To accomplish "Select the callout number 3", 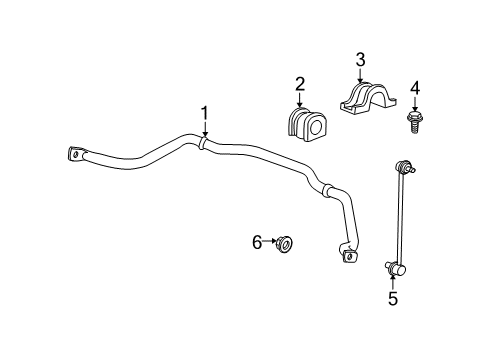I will click(x=361, y=59).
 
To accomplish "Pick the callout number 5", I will click(x=392, y=298).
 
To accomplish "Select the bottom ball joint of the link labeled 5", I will click(x=393, y=266).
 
